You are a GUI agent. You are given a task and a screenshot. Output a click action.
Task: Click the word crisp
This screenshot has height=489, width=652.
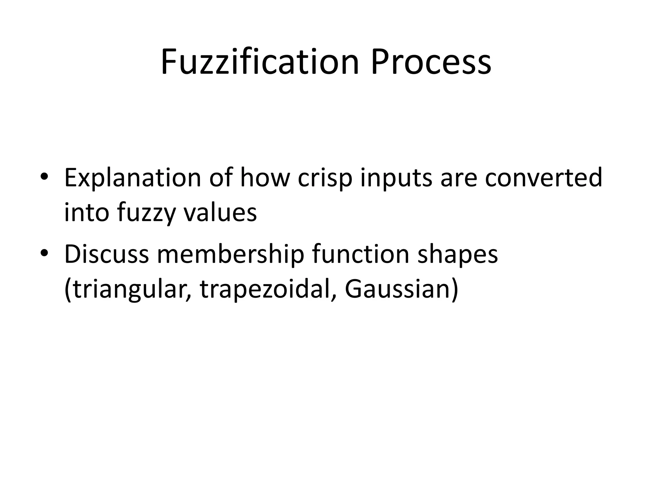(325, 178)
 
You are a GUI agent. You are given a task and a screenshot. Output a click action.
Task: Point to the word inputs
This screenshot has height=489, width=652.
(396, 178)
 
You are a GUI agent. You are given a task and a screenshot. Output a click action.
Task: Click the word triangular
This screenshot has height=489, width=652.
(128, 290)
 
